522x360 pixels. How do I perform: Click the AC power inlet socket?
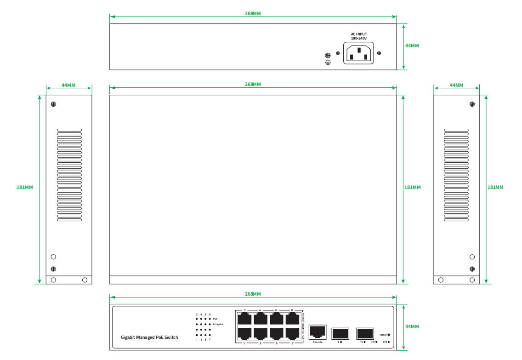click(358, 53)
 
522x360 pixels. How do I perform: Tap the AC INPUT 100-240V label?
click(359, 36)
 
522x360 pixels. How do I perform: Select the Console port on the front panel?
click(318, 331)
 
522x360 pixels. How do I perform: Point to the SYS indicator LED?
click(389, 342)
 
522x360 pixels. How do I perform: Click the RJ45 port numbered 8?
click(292, 319)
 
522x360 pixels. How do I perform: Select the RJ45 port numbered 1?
click(244, 333)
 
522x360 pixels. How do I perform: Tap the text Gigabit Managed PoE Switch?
click(149, 337)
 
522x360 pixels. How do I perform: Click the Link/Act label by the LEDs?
click(218, 324)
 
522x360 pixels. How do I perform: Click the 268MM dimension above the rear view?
click(253, 14)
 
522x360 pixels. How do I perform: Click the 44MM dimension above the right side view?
click(456, 86)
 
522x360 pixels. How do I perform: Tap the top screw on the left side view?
click(53, 104)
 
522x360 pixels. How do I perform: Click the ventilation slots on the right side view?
click(456, 175)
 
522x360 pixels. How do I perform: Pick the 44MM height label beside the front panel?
click(412, 326)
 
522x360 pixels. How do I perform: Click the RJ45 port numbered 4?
click(261, 319)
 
